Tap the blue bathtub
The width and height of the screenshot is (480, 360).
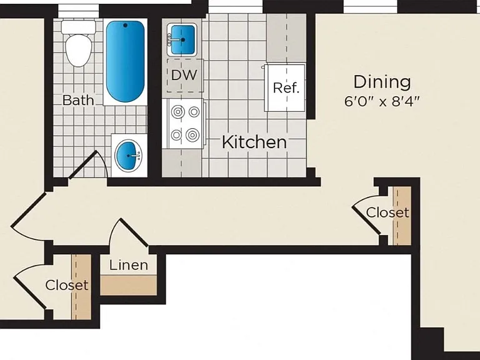[x=125, y=61]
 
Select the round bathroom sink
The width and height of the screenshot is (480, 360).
[x=128, y=156]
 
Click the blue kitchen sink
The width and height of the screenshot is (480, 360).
[x=182, y=40]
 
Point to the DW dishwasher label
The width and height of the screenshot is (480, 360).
[x=184, y=75]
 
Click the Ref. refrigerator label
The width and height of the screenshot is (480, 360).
[x=286, y=88]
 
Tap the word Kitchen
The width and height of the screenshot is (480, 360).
[x=254, y=142]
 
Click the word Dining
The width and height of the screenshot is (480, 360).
[x=382, y=82]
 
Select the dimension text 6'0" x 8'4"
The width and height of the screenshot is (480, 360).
[x=381, y=101]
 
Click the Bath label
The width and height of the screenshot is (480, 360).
[x=78, y=100]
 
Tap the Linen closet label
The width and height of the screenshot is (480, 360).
[x=129, y=265]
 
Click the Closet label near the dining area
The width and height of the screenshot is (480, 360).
[x=387, y=212]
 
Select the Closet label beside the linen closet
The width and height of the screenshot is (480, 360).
[x=67, y=285]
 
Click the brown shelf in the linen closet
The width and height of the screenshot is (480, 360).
[x=129, y=285]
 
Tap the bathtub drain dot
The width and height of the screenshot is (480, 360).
[x=125, y=26]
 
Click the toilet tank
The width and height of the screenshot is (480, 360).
[x=79, y=27]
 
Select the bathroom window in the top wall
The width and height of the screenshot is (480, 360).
[x=79, y=11]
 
